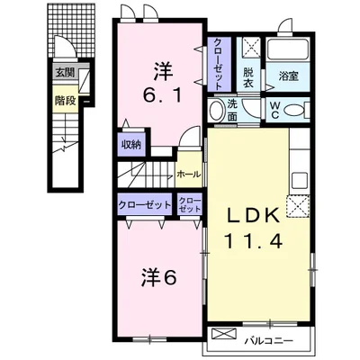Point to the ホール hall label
pyautogui.click(x=188, y=172)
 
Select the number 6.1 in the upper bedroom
pyautogui.click(x=163, y=92)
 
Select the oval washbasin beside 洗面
pyautogui.click(x=217, y=111)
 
